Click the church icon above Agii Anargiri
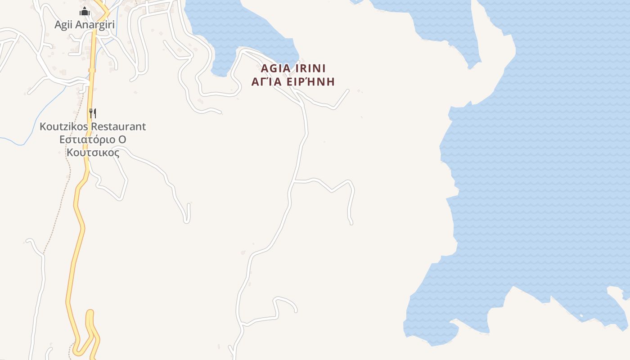[x=85, y=12]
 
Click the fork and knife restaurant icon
[x=93, y=112]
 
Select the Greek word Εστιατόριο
[x=87, y=139]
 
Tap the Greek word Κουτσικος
[x=93, y=153]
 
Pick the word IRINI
[x=310, y=68]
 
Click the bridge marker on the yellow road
[x=92, y=70]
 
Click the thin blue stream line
[x=45, y=112]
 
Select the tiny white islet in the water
[x=581, y=315]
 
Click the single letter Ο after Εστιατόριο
[x=121, y=139]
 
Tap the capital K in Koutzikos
[x=43, y=126]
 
